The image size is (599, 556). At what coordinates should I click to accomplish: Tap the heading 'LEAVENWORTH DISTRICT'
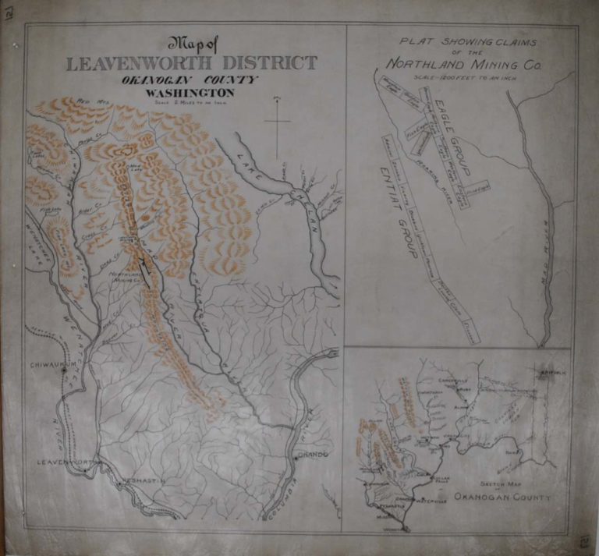(192, 63)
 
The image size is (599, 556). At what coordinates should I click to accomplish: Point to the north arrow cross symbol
(277, 122)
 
